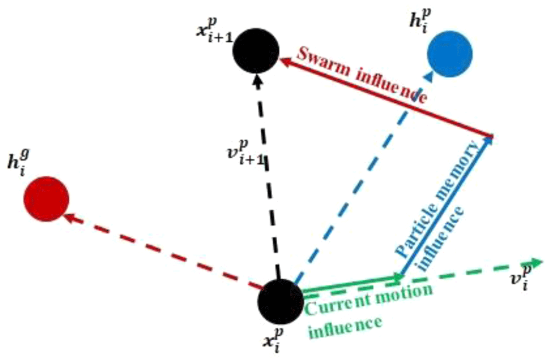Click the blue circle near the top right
(x=450, y=54)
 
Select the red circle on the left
(x=46, y=199)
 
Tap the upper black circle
(x=256, y=50)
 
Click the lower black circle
(x=280, y=301)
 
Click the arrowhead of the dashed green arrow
(x=536, y=262)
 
